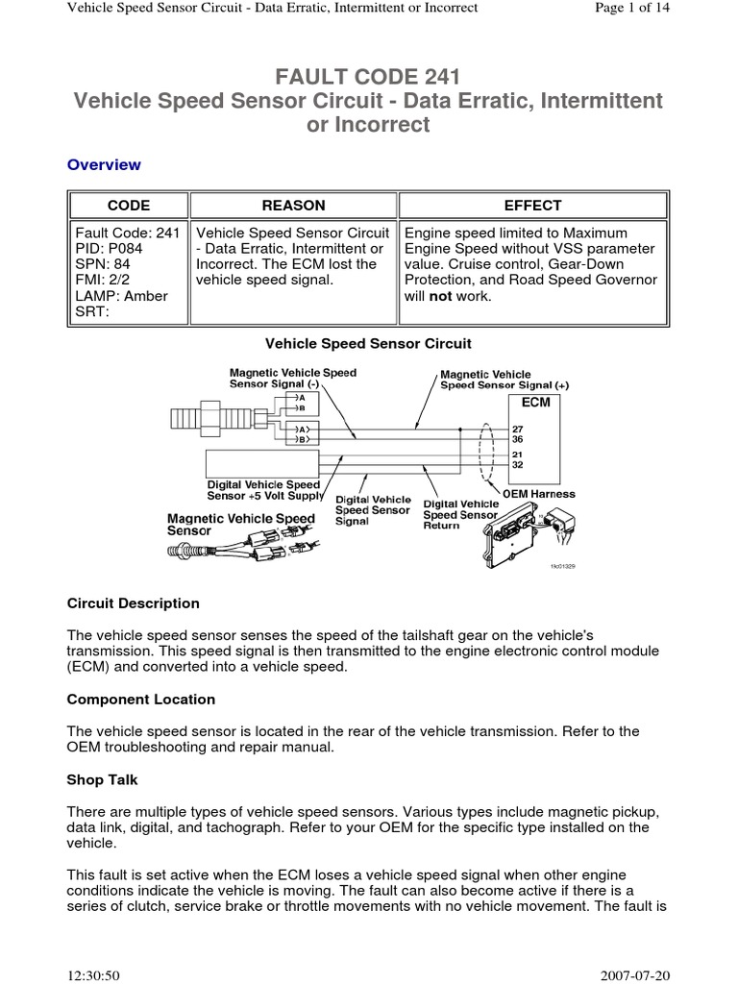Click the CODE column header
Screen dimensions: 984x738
point(128,205)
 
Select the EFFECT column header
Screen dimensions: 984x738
point(532,205)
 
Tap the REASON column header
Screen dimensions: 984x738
point(293,205)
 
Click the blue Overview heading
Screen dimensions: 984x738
point(104,164)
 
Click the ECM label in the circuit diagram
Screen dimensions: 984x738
point(535,402)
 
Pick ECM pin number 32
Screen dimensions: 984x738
point(517,464)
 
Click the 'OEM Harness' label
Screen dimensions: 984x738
point(539,494)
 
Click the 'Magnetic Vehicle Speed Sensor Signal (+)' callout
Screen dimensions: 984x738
point(504,380)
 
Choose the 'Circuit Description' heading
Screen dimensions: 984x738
point(134,603)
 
